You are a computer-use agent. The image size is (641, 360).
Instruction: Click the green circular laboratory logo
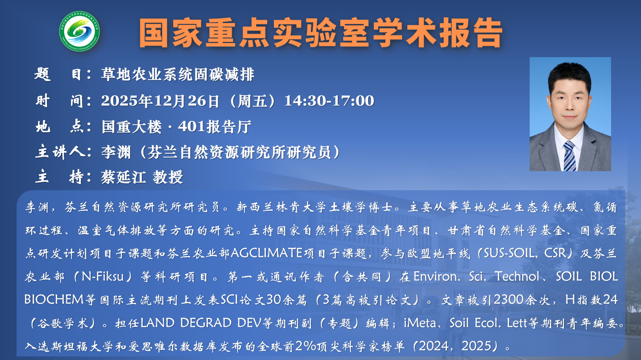tap(79, 31)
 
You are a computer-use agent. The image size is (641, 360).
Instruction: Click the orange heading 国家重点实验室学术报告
tap(321, 33)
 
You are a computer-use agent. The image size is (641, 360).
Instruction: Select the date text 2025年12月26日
tap(160, 101)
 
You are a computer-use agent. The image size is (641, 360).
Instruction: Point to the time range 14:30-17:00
tap(329, 101)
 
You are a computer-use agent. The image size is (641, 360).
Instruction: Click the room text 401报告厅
tap(215, 127)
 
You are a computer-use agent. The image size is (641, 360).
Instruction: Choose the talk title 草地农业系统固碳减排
tap(177, 75)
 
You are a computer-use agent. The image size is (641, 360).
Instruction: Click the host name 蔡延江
tap(124, 177)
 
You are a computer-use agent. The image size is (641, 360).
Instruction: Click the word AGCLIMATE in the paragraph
tap(266, 253)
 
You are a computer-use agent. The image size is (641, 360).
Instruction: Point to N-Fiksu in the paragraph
tap(102, 276)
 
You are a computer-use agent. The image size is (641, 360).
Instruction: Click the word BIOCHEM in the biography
tap(54, 299)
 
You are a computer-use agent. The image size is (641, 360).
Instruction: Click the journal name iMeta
tap(420, 323)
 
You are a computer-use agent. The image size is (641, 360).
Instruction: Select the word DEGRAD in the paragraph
tap(206, 323)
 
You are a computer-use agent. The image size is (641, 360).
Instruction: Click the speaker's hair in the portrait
tap(569, 75)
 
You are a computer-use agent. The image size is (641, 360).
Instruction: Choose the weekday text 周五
tap(252, 101)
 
